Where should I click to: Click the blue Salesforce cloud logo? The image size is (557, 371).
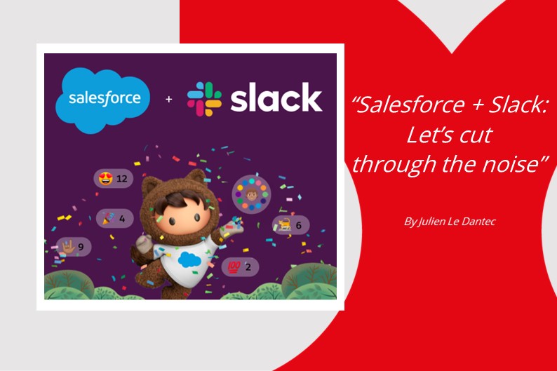point(104,97)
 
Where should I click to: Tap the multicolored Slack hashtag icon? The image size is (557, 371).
point(204,99)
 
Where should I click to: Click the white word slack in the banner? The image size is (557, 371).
point(276,99)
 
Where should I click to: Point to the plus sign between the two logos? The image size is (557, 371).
point(168,100)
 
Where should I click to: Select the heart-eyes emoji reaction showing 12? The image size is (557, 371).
point(113,178)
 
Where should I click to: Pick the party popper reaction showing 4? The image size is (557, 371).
point(114,218)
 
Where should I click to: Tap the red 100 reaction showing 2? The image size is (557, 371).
point(239,267)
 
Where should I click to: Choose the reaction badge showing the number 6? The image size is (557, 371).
point(290,225)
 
